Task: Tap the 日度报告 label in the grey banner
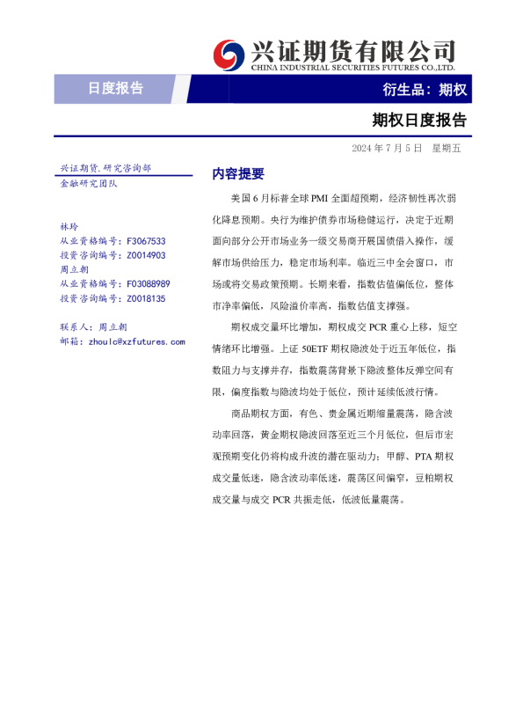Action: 115,88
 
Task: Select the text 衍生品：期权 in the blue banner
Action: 425,89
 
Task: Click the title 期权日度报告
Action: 420,120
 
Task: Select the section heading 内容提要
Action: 238,173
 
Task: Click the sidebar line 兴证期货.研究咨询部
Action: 105,167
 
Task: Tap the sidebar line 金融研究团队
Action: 88,183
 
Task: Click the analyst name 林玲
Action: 69,226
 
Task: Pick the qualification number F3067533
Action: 146,240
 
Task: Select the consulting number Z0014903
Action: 146,255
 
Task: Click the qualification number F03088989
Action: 149,284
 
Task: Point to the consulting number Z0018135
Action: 146,298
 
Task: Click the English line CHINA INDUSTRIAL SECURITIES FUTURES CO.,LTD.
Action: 352,67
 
